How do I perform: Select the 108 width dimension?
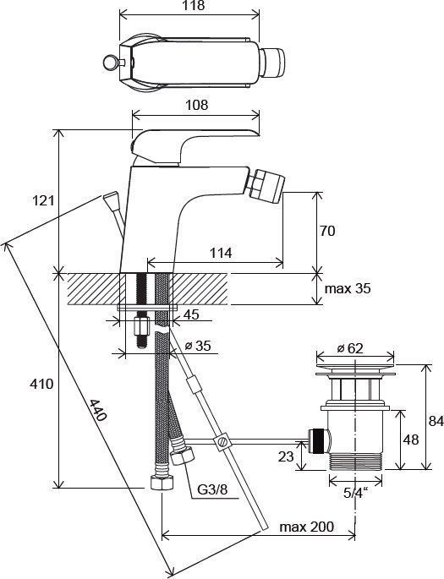(196, 105)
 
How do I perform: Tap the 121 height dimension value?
(43, 200)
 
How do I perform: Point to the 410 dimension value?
(41, 384)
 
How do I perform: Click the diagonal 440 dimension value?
(98, 410)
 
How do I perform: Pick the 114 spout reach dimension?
(221, 253)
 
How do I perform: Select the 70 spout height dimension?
(327, 231)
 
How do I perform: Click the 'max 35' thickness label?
(348, 288)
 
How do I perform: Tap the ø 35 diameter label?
(198, 346)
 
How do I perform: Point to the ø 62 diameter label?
(350, 348)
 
